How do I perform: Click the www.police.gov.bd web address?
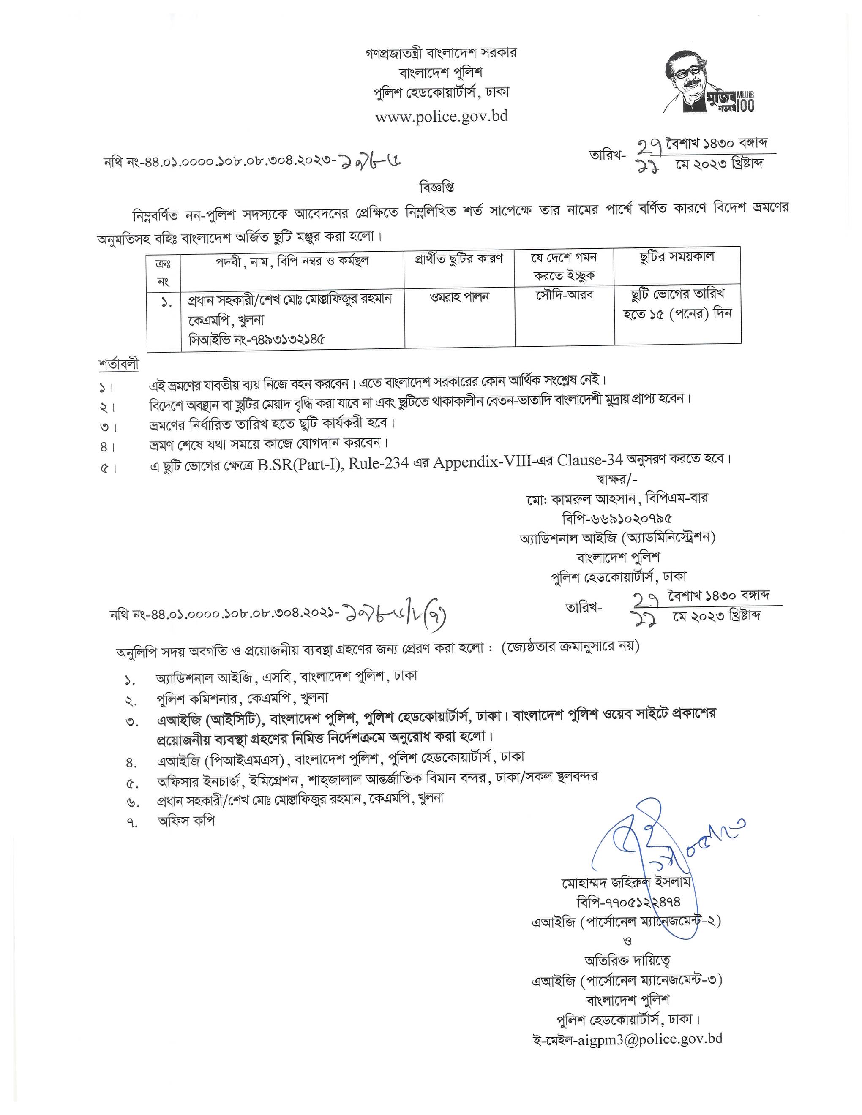point(442,117)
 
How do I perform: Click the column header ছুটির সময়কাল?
point(677,257)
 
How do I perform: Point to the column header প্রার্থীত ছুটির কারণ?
point(458,259)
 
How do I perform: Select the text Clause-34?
point(590,460)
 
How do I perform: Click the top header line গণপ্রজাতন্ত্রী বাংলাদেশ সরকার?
point(441,53)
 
